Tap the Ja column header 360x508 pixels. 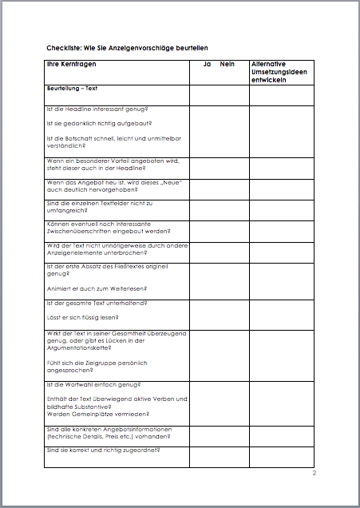(206, 63)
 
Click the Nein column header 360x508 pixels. (227, 63)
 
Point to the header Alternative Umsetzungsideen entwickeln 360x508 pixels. (280, 71)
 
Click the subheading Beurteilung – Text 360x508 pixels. (77, 88)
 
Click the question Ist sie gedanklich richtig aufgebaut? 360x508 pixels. (99, 123)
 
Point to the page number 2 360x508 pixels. (315, 474)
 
